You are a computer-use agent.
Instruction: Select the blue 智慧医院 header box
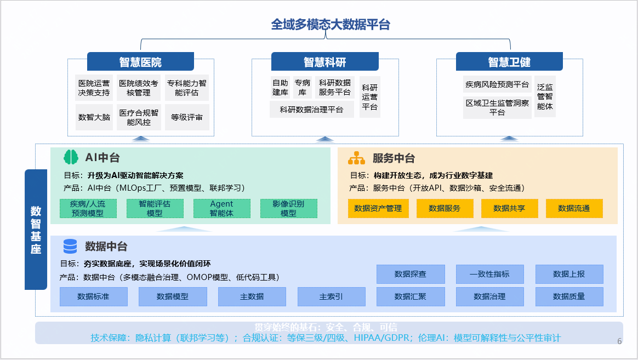(x=140, y=61)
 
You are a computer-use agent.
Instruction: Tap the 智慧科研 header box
(x=325, y=61)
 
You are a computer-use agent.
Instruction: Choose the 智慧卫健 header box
(x=509, y=61)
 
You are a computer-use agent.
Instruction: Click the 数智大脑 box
(x=94, y=117)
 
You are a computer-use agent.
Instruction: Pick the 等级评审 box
(x=187, y=117)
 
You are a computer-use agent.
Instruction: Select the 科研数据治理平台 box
(x=311, y=110)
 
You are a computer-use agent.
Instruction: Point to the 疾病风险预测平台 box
(x=497, y=84)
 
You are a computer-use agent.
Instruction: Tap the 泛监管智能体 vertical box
(x=545, y=97)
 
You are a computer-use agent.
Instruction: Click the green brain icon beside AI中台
(x=71, y=158)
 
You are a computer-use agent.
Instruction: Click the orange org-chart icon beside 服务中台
(x=356, y=158)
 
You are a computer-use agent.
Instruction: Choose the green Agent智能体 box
(x=221, y=208)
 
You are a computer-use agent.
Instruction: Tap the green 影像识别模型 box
(x=288, y=208)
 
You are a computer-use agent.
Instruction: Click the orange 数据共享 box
(x=509, y=208)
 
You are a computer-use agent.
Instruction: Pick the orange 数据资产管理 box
(x=378, y=208)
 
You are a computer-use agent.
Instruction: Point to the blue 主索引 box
(x=331, y=296)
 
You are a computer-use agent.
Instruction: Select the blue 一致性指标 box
(x=489, y=274)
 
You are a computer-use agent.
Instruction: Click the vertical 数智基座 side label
(x=36, y=230)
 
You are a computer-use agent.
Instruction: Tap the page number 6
(x=619, y=341)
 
